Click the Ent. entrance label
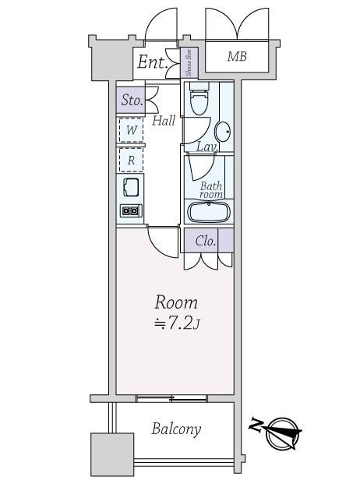click(152, 62)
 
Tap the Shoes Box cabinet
click(189, 63)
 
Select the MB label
click(237, 56)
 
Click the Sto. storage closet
click(131, 100)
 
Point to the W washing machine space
click(132, 130)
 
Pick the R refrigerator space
click(132, 160)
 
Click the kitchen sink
click(131, 187)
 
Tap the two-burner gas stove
click(131, 210)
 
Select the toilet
click(199, 98)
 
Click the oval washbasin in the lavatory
click(223, 132)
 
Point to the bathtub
click(209, 212)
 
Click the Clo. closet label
click(206, 242)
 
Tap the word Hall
click(164, 121)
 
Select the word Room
click(176, 302)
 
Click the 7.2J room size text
click(177, 323)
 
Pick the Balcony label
click(176, 429)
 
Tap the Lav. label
click(207, 147)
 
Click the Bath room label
click(211, 190)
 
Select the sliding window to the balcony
click(171, 398)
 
